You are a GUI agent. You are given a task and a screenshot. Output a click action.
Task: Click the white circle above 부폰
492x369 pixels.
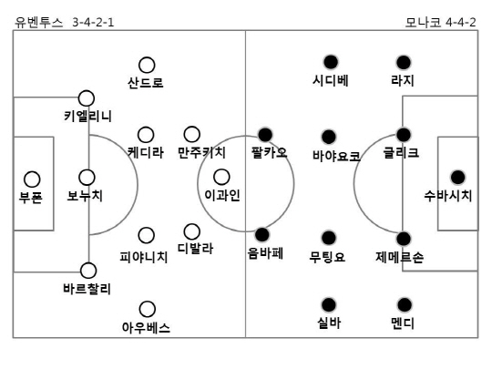32,179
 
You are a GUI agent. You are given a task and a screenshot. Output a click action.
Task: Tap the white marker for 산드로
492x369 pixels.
147,65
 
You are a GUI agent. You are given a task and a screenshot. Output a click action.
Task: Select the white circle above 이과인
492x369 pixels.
221,177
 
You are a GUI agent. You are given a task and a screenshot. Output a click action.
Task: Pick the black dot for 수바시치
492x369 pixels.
457,178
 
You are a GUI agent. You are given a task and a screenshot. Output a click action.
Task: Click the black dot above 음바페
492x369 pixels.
262,234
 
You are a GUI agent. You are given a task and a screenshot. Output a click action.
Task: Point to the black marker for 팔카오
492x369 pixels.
265,135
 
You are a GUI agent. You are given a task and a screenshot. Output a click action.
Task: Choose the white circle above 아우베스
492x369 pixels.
148,309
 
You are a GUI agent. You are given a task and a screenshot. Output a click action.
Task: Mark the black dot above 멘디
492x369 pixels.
405,304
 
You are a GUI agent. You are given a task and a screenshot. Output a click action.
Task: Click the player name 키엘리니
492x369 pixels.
87,116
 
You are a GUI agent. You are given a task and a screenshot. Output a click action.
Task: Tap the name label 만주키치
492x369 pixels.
201,152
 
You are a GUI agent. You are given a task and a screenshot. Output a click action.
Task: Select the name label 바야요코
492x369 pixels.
336,156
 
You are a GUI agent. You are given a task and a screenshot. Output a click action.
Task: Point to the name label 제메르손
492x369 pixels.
399,257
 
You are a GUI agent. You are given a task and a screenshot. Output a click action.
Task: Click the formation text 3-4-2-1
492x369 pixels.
93,23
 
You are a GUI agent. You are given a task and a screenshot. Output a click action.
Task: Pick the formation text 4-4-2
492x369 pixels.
461,23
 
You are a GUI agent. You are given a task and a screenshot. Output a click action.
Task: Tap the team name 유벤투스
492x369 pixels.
39,23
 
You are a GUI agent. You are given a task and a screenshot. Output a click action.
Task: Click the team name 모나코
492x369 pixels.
424,23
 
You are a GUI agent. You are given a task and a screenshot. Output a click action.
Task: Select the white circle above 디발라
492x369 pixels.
191,231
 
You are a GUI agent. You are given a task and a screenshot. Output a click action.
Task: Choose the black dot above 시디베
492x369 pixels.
331,62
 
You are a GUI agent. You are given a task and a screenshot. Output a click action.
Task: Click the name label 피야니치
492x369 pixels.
144,257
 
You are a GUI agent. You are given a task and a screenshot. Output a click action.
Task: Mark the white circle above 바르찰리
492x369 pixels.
88,271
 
